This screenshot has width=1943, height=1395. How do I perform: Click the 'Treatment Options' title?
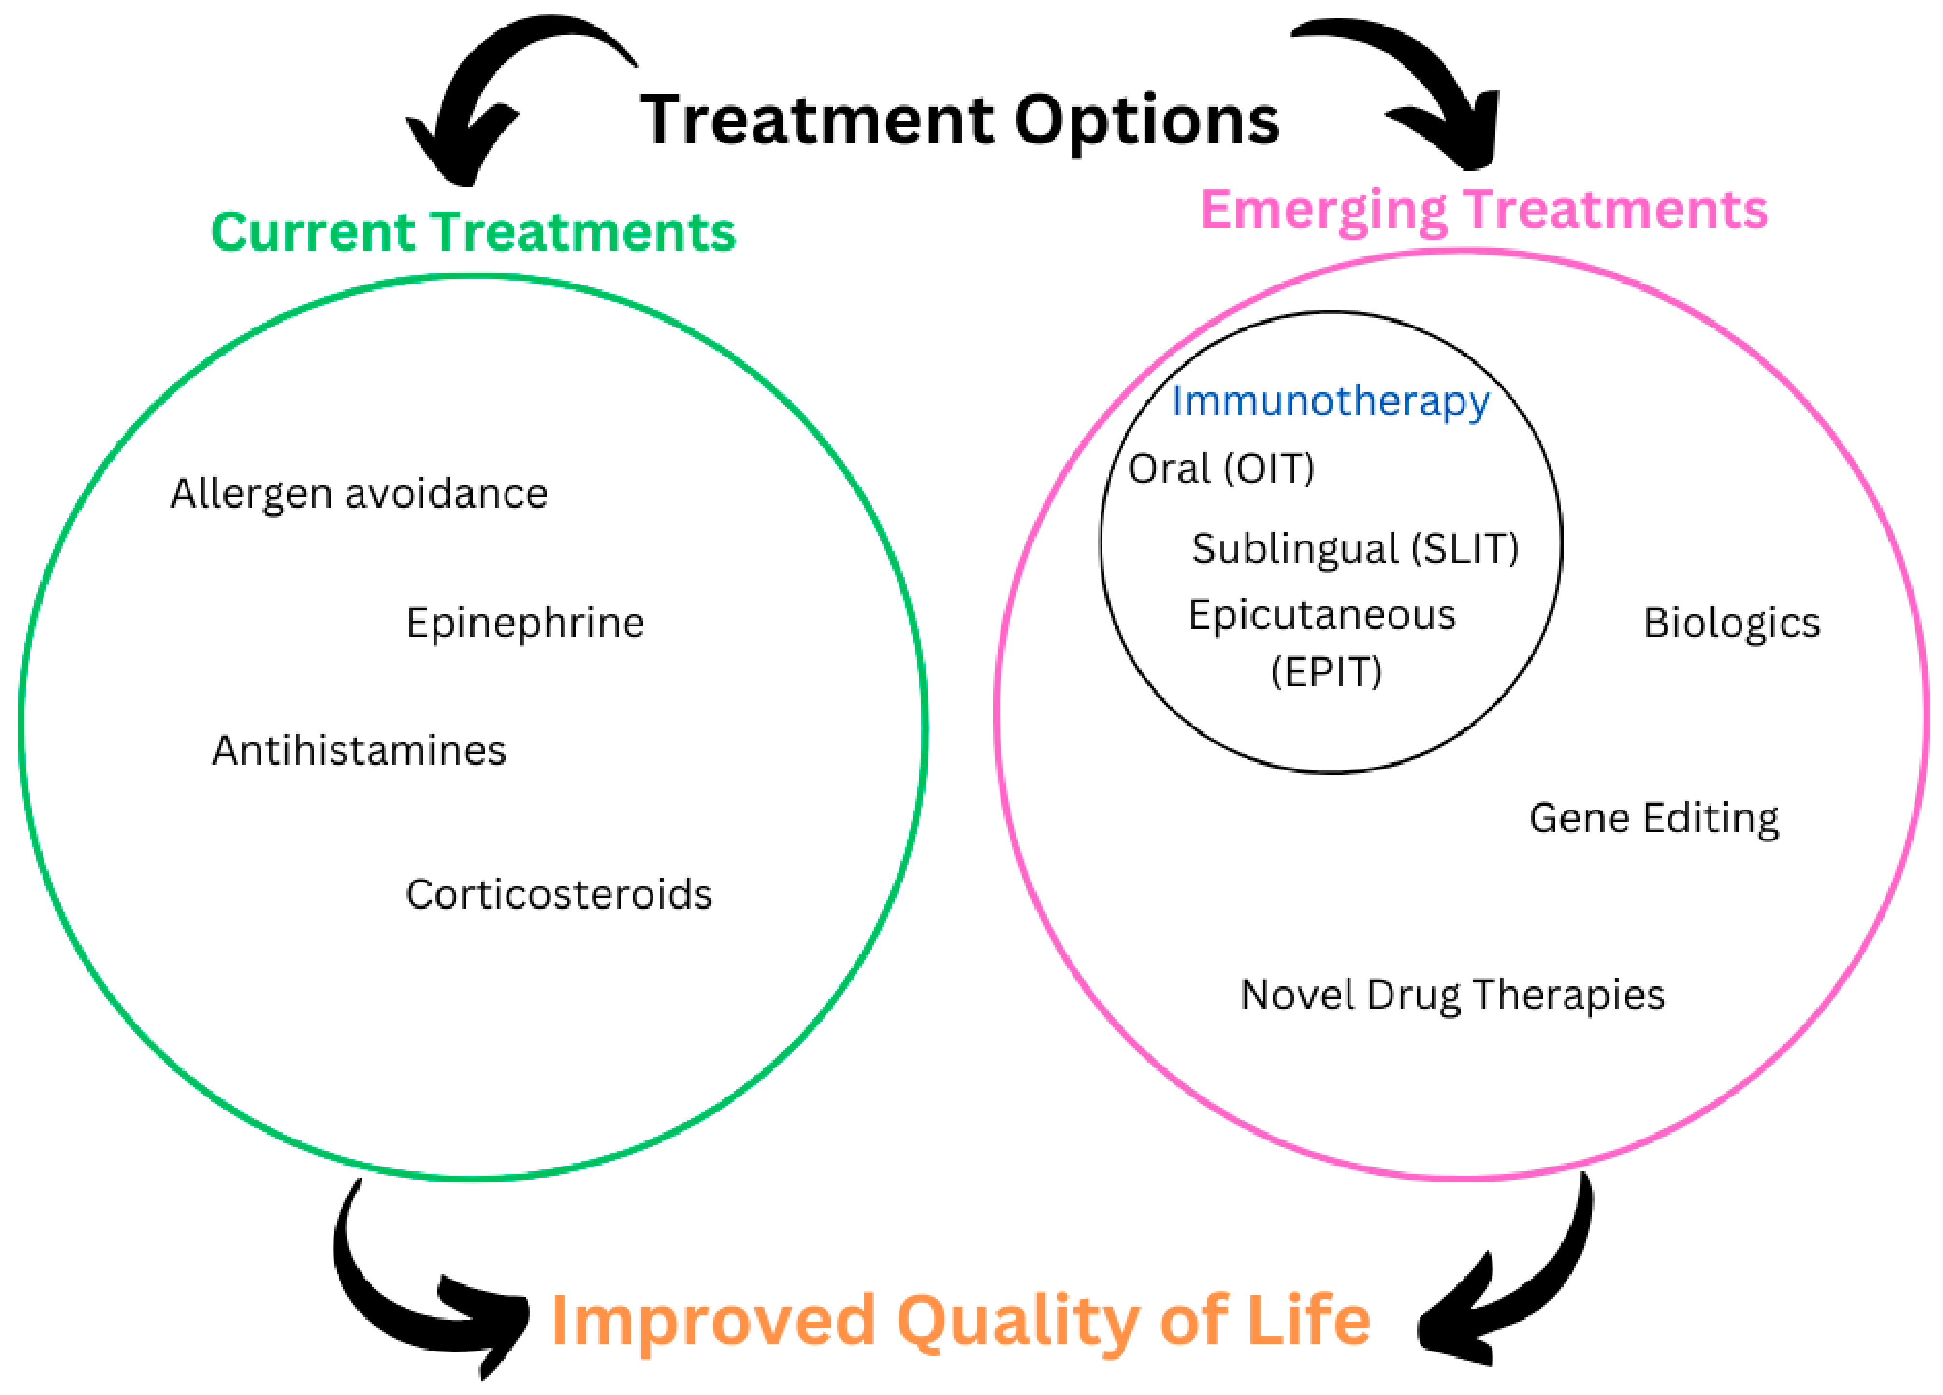[959, 122]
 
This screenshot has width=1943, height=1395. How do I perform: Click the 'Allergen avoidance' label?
[359, 494]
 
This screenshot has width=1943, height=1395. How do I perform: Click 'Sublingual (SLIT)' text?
[1354, 549]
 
